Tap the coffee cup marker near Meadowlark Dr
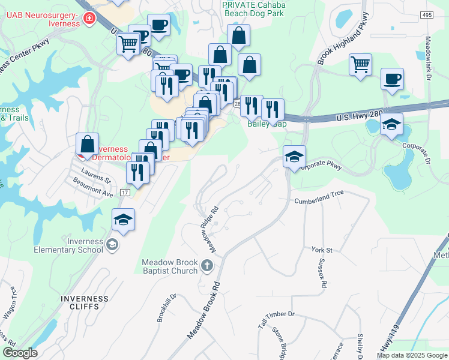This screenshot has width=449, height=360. coord(392,79)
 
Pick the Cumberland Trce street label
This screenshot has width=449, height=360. coord(318,201)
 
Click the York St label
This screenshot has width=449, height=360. coord(322,249)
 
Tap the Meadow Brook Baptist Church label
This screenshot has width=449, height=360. coord(170,266)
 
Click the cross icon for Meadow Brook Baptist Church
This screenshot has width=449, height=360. coord(207,265)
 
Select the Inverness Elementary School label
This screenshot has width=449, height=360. coord(68,245)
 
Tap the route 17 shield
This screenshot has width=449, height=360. coord(125,192)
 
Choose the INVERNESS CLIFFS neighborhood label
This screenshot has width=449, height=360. coord(85,302)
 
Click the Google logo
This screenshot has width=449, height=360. coord(20,353)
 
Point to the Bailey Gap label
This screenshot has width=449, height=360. coord(267,124)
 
